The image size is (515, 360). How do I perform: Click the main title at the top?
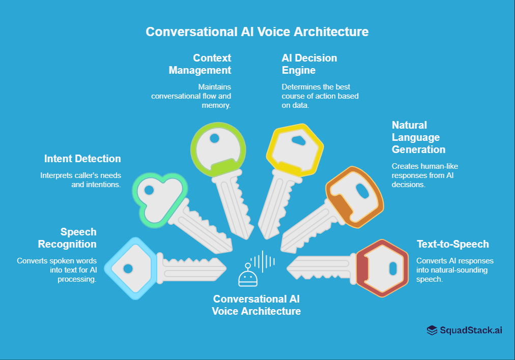click(x=257, y=32)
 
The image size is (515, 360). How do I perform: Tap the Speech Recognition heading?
click(x=67, y=238)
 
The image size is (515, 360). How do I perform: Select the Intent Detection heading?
click(x=82, y=159)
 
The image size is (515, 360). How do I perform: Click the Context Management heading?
click(x=200, y=64)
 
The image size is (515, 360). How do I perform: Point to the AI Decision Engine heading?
click(x=309, y=64)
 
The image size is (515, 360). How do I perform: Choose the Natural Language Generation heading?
click(x=418, y=137)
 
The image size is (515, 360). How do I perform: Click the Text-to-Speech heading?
click(x=452, y=244)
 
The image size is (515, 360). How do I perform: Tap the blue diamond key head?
click(x=130, y=268)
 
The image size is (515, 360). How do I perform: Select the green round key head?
click(x=218, y=147)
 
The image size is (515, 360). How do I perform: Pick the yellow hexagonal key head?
click(x=295, y=148)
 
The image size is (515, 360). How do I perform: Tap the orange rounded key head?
click(x=355, y=197)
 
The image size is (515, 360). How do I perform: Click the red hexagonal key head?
click(x=382, y=268)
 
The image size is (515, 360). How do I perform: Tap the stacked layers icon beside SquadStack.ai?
click(x=432, y=331)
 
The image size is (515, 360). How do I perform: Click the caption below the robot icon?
click(x=256, y=305)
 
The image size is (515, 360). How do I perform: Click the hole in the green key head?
click(x=215, y=138)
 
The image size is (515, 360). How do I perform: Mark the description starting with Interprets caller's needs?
click(x=80, y=179)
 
